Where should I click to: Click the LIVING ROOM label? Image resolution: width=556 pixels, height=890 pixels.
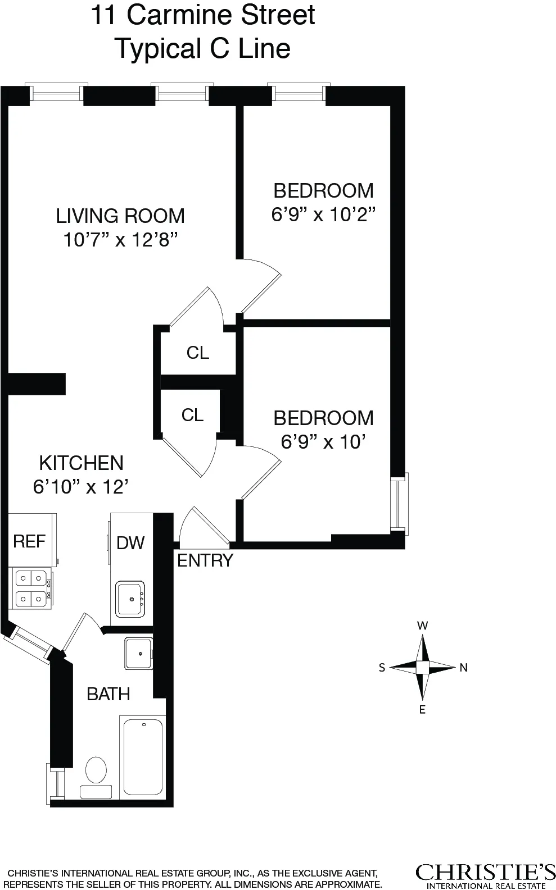point(120,216)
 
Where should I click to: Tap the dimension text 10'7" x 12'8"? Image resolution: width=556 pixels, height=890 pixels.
point(120,240)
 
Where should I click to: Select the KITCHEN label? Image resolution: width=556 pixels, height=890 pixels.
point(81,463)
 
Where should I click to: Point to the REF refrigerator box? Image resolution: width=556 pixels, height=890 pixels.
point(30,541)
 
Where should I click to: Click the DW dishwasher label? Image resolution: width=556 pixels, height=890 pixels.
point(130,542)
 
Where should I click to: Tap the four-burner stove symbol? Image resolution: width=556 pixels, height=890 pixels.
point(31,587)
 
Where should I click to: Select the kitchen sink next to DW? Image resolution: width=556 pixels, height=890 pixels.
point(130,599)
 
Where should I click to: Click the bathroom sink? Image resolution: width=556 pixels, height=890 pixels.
point(138,653)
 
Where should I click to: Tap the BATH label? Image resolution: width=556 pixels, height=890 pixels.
point(109,694)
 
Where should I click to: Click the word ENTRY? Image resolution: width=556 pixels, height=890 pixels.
point(205,560)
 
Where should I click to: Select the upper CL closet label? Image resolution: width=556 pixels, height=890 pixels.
point(198,353)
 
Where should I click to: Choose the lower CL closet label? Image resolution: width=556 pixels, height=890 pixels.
point(192,415)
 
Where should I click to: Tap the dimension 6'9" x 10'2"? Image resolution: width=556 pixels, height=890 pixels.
point(323,214)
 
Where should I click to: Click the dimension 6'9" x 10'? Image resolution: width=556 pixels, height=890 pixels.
point(323,442)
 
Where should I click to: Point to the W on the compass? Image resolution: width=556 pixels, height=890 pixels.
point(422,626)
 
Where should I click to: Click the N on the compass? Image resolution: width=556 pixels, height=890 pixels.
point(464,668)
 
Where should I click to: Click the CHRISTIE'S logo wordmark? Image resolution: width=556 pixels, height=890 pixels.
point(485,871)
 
